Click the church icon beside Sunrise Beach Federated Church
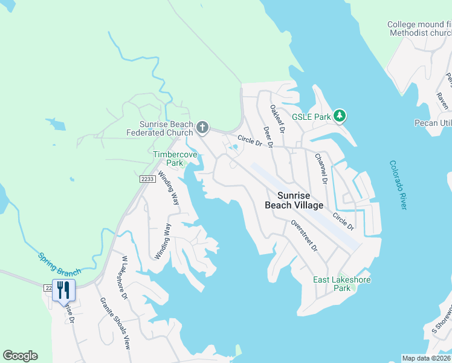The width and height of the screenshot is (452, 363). (x=202, y=128)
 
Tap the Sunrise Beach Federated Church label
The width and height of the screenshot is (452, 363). (x=160, y=128)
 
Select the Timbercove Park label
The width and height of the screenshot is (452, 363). (x=168, y=159)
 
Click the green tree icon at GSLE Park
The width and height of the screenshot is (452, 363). (x=340, y=115)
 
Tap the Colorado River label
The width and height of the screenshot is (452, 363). (x=398, y=185)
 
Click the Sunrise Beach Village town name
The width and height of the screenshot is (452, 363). (x=294, y=200)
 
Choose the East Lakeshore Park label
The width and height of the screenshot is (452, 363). (x=341, y=284)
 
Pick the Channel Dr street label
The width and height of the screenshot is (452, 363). (x=320, y=168)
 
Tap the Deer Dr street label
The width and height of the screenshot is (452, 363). (x=267, y=137)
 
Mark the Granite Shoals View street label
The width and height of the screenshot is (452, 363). (x=115, y=323)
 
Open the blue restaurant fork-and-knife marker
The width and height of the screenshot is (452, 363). (x=63, y=290)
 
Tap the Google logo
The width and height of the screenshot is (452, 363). (x=20, y=356)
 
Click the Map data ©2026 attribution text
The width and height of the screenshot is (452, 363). (x=427, y=358)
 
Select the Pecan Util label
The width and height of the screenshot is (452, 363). (x=433, y=123)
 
